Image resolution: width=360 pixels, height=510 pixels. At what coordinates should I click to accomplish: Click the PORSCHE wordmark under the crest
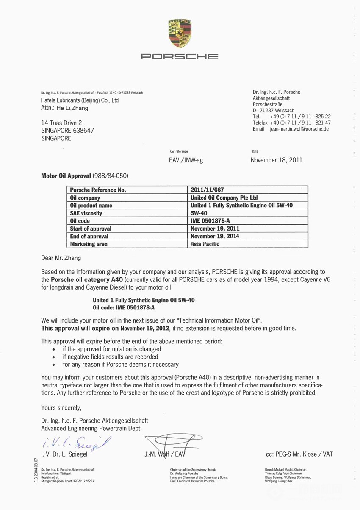[180, 56]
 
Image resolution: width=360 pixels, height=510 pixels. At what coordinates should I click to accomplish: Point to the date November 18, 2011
[276, 160]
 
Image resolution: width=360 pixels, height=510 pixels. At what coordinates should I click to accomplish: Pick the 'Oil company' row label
[85, 198]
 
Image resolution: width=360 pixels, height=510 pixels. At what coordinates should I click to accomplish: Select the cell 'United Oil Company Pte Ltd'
[224, 198]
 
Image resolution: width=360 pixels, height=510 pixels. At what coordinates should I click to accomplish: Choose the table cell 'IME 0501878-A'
[210, 221]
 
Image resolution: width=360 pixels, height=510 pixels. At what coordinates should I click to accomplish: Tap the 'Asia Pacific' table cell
[205, 244]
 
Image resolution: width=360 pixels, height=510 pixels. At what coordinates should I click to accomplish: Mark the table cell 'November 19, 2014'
[215, 236]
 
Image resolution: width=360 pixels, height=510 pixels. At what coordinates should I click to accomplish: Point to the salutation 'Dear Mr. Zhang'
[61, 258]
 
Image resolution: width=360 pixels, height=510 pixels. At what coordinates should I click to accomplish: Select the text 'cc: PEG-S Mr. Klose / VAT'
[299, 454]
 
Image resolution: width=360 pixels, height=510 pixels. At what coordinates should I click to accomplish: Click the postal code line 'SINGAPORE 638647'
[67, 131]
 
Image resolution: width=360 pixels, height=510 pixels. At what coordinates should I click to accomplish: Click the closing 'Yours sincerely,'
[61, 408]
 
